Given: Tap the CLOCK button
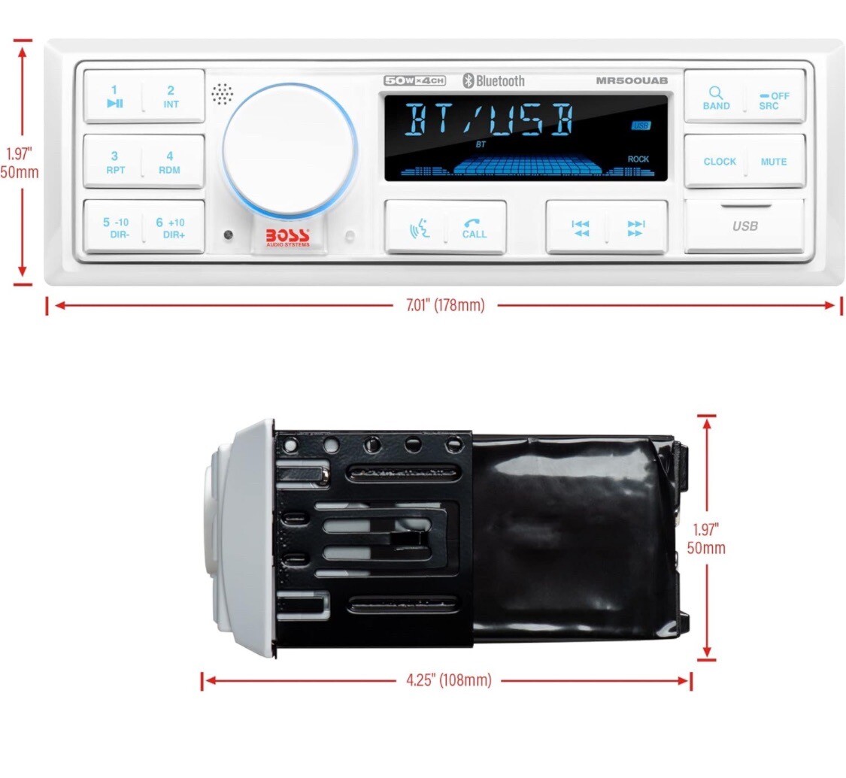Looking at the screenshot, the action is pos(718,161).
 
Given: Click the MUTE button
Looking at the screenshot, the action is pos(773,161).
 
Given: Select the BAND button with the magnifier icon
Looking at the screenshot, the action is pos(715,98).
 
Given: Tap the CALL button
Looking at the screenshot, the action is pos(474,228).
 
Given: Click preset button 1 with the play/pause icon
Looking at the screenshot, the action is pos(114,97).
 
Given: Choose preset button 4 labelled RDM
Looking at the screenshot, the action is pos(170,162).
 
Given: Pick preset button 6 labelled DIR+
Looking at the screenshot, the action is pos(171,227).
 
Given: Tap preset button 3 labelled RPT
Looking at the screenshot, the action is pos(114,162).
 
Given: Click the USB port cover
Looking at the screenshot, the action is pos(744,226).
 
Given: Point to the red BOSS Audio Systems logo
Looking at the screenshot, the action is pos(287,238).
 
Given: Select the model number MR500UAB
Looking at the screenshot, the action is pos(631,80).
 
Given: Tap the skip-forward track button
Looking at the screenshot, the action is pos(635,228).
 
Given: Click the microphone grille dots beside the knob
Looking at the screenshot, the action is pos(222,94).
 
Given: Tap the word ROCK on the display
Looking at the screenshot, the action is pos(638,159).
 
